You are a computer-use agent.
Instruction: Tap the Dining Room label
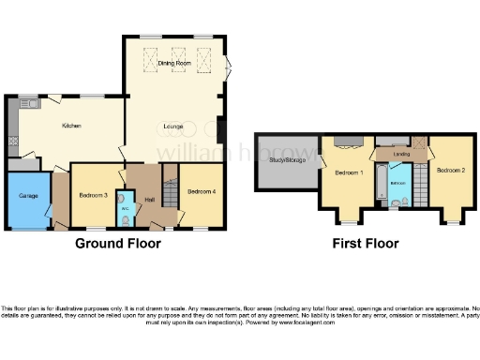pyautogui.click(x=174, y=62)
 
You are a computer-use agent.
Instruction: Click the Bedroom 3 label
pyautogui.click(x=93, y=194)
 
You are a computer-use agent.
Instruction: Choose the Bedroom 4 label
pyautogui.click(x=201, y=191)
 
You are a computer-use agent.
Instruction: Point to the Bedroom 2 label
pyautogui.click(x=450, y=170)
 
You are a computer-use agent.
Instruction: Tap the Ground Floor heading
pyautogui.click(x=118, y=244)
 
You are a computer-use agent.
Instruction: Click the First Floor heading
pyautogui.click(x=366, y=244)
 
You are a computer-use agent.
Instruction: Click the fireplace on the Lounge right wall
pyautogui.click(x=220, y=128)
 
